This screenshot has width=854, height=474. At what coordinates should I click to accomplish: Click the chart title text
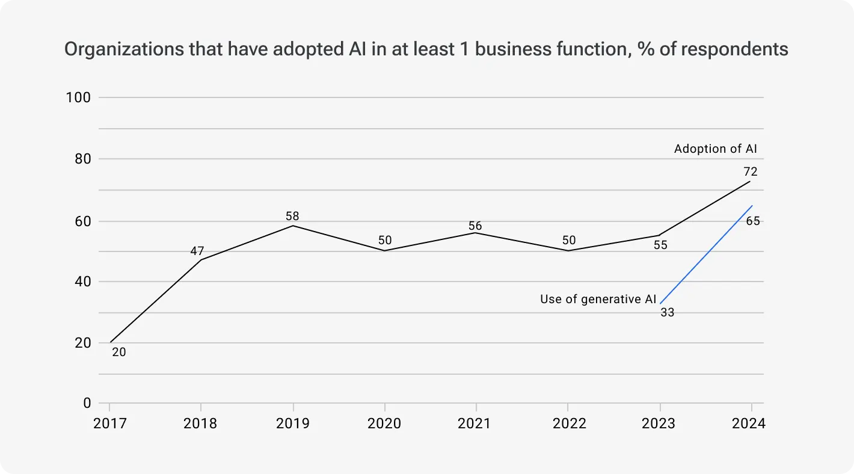click(x=426, y=49)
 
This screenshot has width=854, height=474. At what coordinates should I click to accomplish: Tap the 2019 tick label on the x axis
click(x=292, y=423)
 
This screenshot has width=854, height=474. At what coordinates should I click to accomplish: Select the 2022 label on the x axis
click(x=569, y=423)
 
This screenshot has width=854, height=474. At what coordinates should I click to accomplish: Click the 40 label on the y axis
click(x=82, y=282)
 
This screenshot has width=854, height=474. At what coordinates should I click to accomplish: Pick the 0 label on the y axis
click(x=87, y=403)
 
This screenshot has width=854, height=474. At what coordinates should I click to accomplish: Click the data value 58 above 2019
click(x=292, y=216)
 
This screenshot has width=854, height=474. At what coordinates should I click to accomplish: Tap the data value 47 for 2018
click(x=197, y=251)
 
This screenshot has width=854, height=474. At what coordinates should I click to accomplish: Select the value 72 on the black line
click(x=750, y=172)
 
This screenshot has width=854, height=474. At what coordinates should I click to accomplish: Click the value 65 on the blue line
click(x=753, y=221)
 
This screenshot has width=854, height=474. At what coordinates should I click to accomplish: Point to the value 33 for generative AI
click(x=667, y=313)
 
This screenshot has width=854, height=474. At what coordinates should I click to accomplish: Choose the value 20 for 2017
click(x=119, y=352)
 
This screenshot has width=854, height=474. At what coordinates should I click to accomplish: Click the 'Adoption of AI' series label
click(x=716, y=149)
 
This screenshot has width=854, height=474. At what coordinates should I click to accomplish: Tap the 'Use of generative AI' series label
click(x=598, y=299)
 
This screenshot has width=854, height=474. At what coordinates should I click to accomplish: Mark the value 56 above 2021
click(x=476, y=226)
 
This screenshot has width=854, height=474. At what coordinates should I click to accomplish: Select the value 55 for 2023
click(x=660, y=245)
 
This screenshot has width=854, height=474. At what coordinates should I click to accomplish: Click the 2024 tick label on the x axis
click(x=749, y=423)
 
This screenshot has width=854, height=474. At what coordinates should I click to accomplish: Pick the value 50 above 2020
click(x=385, y=241)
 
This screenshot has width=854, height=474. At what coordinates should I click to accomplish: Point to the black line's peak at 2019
click(x=293, y=226)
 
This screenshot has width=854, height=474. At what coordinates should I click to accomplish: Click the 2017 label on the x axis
click(x=110, y=423)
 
